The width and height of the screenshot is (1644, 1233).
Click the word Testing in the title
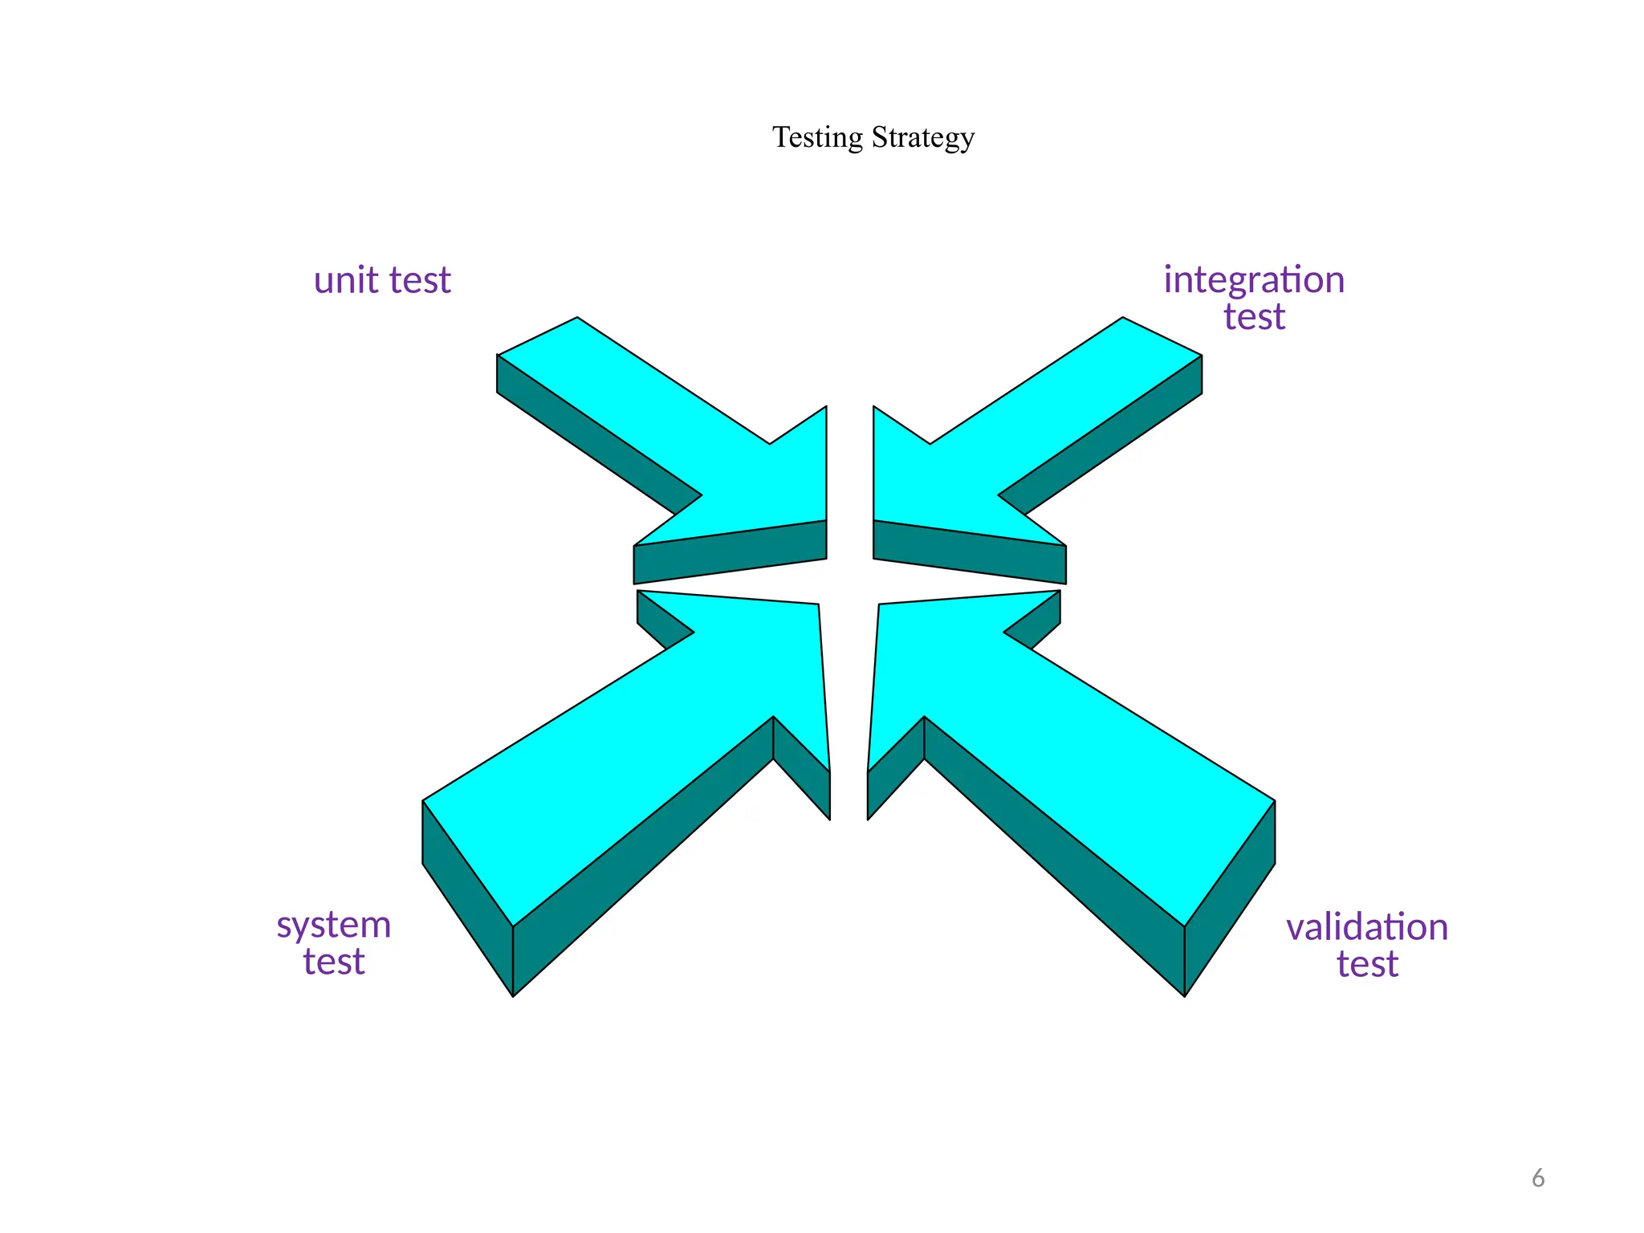pos(817,138)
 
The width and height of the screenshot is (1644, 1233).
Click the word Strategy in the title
pos(922,138)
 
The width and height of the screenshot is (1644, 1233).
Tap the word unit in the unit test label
pos(345,280)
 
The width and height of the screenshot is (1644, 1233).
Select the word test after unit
pos(420,281)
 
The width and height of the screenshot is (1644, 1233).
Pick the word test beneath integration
pos(1254,317)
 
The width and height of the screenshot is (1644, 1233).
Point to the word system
pos(334,926)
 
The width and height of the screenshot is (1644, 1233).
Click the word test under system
pos(334,962)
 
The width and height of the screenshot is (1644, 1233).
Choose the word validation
pos(1367,928)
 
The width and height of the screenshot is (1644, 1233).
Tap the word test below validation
pos(1367,964)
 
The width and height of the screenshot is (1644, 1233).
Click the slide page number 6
pos(1538,1178)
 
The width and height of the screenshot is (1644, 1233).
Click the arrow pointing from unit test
pos(706,433)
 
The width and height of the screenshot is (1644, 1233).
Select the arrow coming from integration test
pos(995,433)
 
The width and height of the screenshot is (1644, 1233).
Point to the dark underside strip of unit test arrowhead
pos(730,552)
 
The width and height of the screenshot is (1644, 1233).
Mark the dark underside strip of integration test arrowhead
pos(970,552)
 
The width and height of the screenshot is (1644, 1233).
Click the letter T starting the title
pos(780,137)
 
